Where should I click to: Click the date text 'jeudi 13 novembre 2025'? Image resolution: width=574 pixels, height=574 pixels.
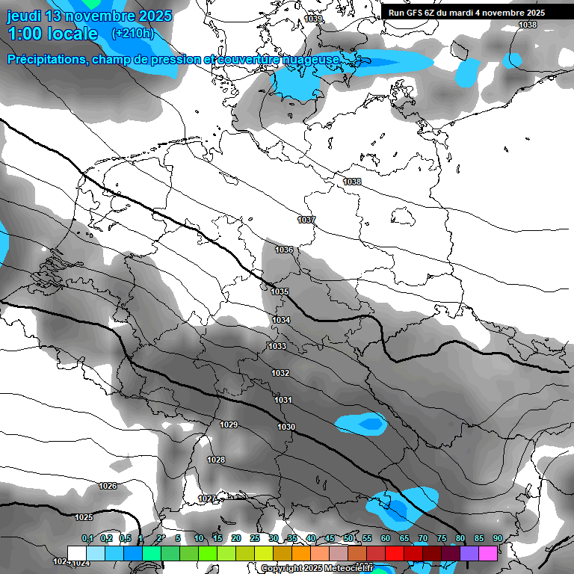coord(89,16)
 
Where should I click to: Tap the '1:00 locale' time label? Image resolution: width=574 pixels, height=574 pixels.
coord(53,34)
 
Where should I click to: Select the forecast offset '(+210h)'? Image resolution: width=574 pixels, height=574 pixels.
coord(133,33)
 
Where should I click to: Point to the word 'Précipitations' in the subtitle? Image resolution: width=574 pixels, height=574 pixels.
coord(46,59)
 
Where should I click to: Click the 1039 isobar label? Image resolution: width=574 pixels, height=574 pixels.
coord(314,19)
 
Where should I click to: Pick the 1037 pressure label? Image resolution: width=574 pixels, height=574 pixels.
coord(306,220)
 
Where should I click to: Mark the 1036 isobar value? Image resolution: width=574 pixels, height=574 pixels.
coord(284,250)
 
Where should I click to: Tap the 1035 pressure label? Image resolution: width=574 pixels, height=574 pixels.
coord(280,291)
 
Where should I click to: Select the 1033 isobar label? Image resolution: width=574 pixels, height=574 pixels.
coord(277,346)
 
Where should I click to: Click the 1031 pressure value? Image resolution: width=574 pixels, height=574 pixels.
coord(283,400)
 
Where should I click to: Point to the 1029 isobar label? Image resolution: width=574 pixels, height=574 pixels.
coord(229,425)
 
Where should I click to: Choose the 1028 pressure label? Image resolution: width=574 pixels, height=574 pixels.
coord(216,460)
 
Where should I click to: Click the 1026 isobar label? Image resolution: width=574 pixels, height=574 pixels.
coord(108,486)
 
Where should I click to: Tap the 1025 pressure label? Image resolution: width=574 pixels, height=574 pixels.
coord(84,517)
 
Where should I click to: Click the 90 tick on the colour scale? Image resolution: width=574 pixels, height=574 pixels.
coord(497,538)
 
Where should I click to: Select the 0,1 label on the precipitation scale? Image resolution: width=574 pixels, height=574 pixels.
coord(87,538)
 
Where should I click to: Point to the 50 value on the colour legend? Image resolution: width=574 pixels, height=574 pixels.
coord(348,538)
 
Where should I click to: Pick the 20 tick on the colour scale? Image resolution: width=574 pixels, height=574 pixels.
coord(236,538)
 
